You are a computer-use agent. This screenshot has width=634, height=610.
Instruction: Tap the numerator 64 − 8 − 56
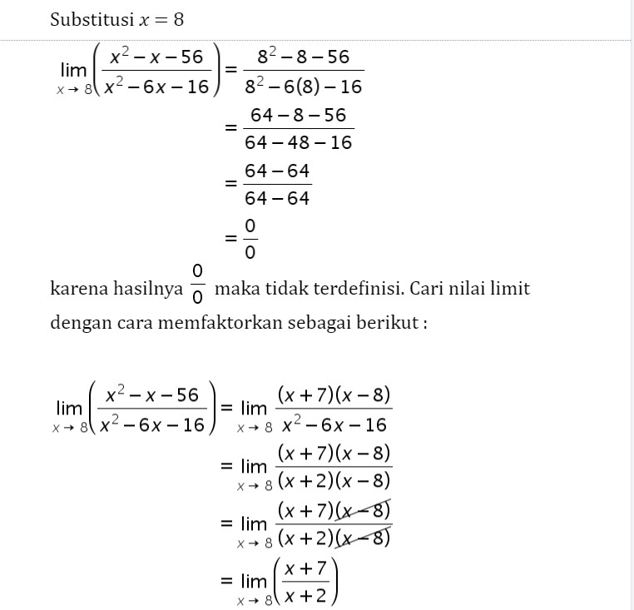299,116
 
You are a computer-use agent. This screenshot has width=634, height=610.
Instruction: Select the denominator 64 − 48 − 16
299,143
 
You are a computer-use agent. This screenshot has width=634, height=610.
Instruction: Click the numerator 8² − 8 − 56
304,58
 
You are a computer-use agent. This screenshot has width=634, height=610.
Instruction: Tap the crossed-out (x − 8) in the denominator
364,538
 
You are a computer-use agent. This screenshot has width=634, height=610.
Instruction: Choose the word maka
234,290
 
